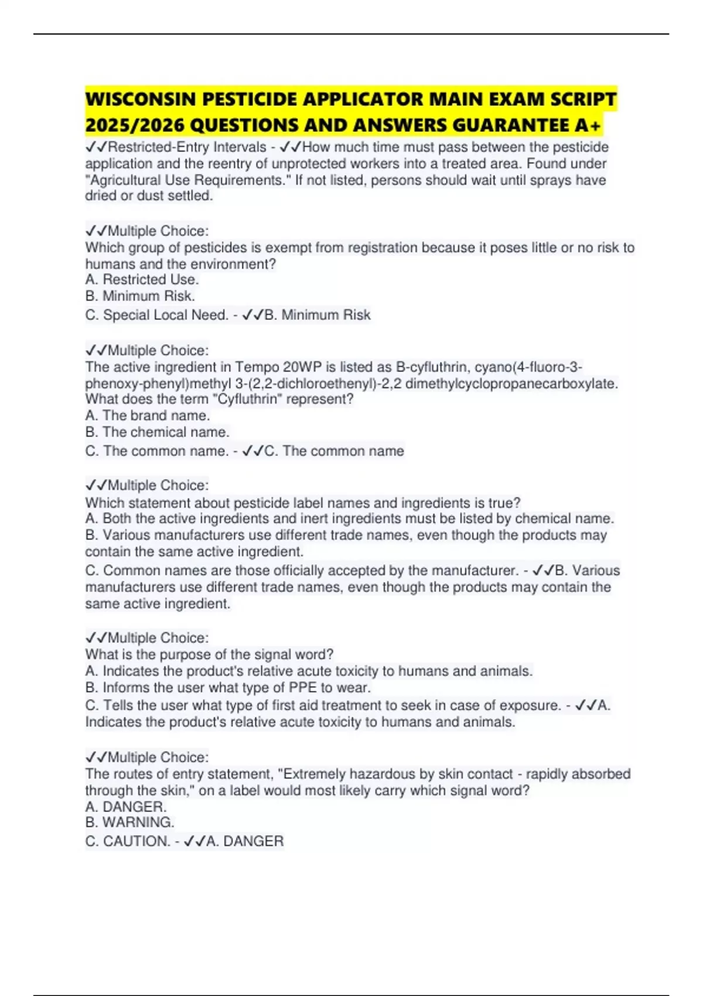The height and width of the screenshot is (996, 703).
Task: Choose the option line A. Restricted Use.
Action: click(142, 279)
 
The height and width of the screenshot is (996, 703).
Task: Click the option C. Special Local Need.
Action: click(156, 315)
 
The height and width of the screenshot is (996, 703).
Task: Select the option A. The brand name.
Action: click(147, 416)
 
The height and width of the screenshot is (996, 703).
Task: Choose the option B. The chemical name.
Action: click(157, 432)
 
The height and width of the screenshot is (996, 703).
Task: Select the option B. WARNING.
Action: click(129, 823)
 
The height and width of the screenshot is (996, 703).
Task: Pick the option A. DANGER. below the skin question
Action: click(126, 807)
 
